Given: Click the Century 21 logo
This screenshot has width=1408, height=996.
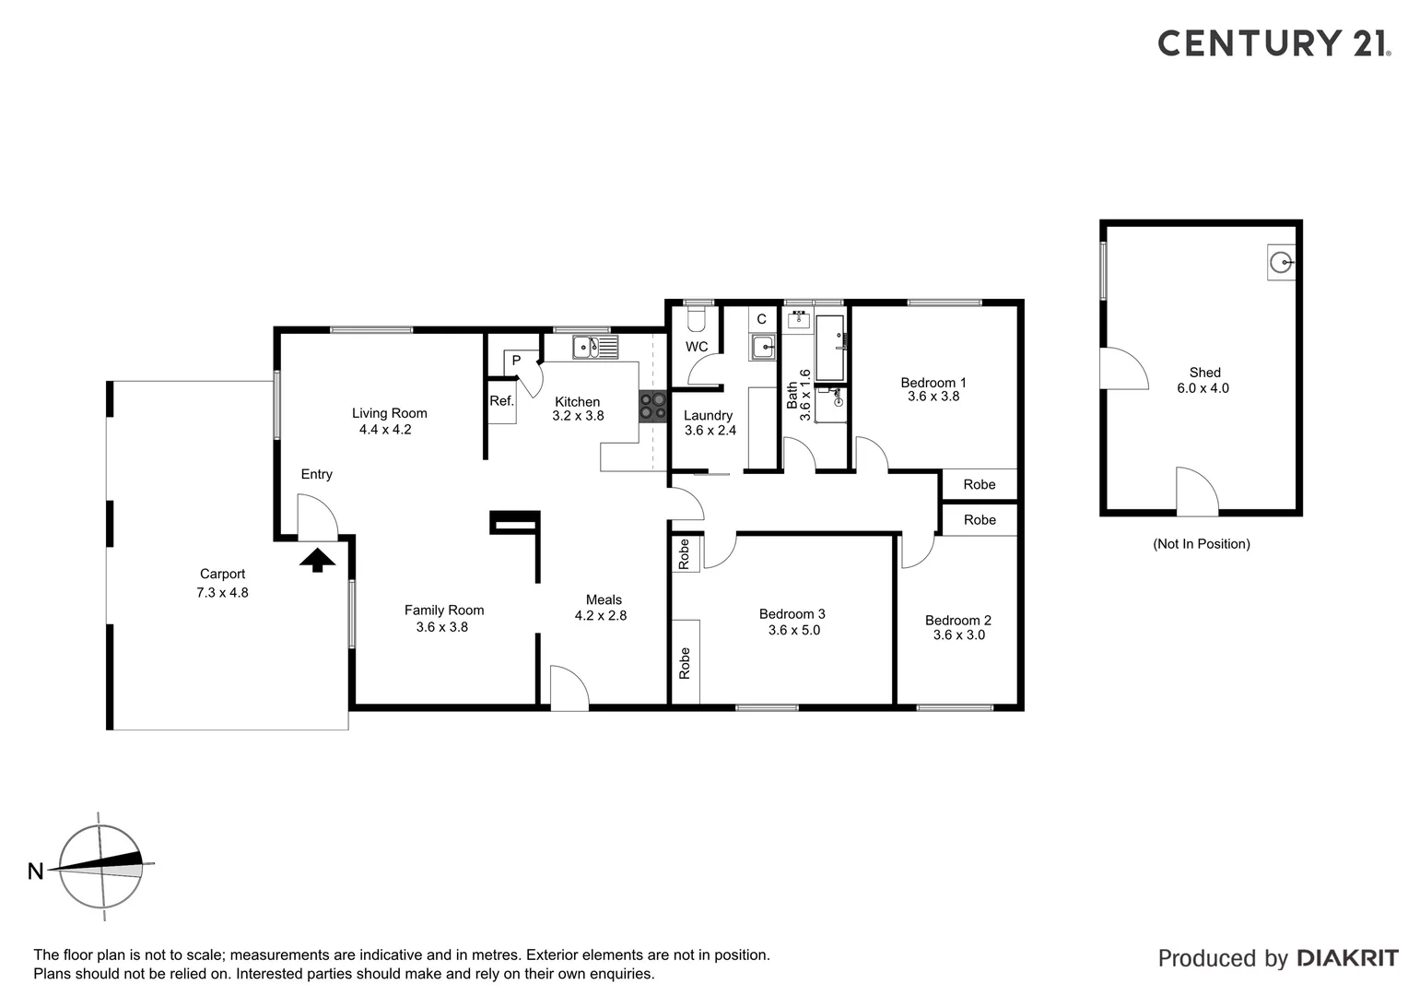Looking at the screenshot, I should click(1273, 43).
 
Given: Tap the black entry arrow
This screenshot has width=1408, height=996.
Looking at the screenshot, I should click(317, 560).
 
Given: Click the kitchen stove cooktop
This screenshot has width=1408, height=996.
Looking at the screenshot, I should click(653, 407).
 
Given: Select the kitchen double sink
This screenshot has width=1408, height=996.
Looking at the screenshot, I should click(594, 348).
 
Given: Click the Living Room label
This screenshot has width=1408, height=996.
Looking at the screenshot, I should click(389, 413).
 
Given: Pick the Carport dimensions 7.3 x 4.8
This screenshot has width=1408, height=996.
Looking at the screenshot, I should click(222, 593).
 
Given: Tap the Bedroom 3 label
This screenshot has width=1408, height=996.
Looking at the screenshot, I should click(792, 614).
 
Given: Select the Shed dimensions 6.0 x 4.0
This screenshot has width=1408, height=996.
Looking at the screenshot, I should click(1203, 388).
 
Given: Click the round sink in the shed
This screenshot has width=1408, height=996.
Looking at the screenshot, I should click(1281, 264).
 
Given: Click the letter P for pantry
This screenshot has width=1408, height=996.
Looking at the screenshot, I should click(516, 361).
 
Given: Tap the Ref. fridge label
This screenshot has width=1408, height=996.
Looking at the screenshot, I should click(501, 401).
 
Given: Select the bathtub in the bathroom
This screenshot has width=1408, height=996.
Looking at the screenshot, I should click(829, 348).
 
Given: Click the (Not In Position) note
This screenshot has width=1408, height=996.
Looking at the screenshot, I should click(1201, 544).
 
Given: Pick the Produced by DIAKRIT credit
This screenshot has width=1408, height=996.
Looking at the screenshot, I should click(1277, 958).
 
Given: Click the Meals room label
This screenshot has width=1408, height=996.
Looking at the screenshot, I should click(604, 599).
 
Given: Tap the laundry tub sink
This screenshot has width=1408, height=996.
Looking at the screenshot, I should click(762, 347).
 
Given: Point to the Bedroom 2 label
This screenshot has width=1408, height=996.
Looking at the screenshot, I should click(957, 621).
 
